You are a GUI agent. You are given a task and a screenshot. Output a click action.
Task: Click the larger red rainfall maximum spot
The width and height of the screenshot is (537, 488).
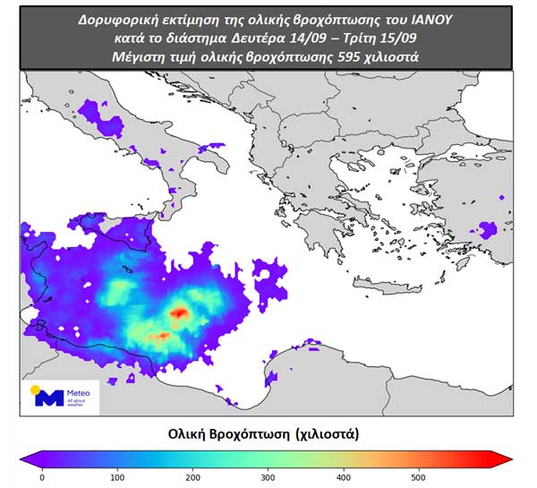click(x=179, y=312)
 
